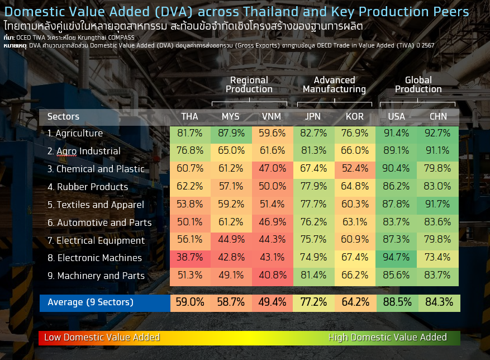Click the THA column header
click(x=190, y=116)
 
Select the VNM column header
click(x=272, y=116)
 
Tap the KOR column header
click(x=355, y=116)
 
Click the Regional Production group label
click(x=249, y=84)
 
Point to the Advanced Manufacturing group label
click(x=334, y=84)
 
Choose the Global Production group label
click(x=418, y=84)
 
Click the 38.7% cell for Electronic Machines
click(x=190, y=258)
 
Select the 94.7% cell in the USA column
click(x=396, y=258)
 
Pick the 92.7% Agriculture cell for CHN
click(x=437, y=133)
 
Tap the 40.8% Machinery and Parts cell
click(x=272, y=276)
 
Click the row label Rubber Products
click(x=88, y=187)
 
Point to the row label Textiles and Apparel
click(x=96, y=205)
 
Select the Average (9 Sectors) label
click(x=91, y=302)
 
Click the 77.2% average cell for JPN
click(x=313, y=302)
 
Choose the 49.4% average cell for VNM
click(x=272, y=302)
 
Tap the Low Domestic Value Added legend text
click(x=102, y=337)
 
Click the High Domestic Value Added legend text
click(x=387, y=337)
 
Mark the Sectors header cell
click(x=64, y=116)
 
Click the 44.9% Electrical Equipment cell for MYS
click(x=231, y=240)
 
